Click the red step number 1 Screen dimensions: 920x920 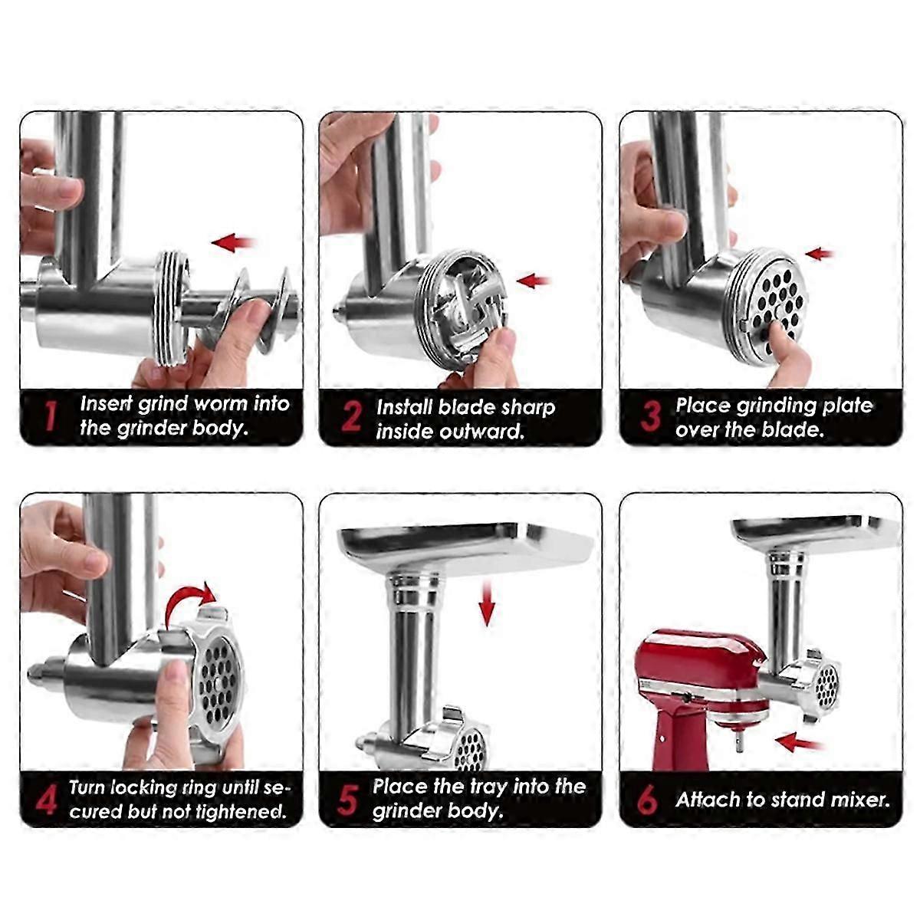(49, 415)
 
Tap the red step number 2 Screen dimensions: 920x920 (351, 416)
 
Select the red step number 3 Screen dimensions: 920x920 (650, 416)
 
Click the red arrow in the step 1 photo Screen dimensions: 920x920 (234, 242)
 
